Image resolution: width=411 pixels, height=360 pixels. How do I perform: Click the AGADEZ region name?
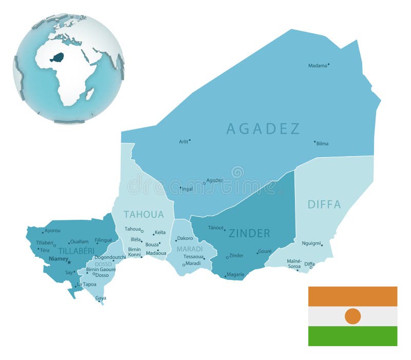[x=263, y=129]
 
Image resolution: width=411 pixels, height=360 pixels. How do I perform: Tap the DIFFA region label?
[x=324, y=204]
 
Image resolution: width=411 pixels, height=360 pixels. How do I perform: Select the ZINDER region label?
[x=249, y=234]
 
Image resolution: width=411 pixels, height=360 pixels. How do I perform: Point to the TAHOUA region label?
[x=144, y=215]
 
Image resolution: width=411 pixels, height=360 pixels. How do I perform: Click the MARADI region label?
[x=190, y=249]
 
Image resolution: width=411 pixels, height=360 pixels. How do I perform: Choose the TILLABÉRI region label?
[x=76, y=251]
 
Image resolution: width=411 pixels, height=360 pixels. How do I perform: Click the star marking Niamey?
[x=69, y=262]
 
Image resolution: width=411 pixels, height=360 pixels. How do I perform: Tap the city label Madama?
[x=317, y=66]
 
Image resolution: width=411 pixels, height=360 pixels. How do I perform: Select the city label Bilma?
[x=322, y=144]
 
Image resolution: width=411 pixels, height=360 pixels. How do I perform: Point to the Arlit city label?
[x=183, y=142]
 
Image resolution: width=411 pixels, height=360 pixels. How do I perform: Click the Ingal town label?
[x=188, y=189]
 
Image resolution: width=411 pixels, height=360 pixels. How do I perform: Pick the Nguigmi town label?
[x=311, y=243]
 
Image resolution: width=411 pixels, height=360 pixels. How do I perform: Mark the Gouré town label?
[x=265, y=252]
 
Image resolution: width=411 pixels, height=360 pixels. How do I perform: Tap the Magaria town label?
[x=235, y=274]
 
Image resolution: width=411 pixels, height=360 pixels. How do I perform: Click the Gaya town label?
[x=101, y=298]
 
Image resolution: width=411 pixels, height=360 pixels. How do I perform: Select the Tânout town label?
[x=216, y=228]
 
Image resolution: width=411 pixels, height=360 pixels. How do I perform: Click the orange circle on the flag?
[x=352, y=316]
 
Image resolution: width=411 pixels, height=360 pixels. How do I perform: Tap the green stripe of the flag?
[x=352, y=336]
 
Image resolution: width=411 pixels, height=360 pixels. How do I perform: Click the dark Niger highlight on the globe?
[x=57, y=57]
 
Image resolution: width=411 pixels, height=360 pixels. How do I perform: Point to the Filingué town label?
[x=103, y=240]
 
